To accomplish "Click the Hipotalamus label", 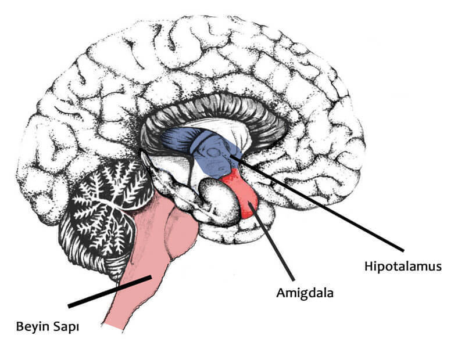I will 403,267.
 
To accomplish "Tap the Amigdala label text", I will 305,293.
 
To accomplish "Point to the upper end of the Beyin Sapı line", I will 151,278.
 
